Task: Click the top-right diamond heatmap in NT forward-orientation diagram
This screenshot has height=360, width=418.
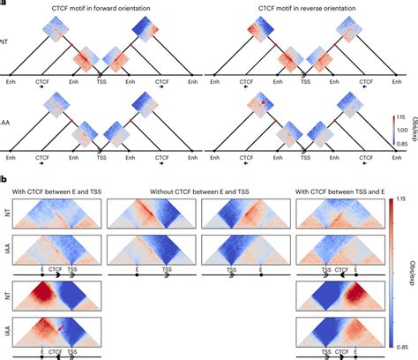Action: pos(143,32)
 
